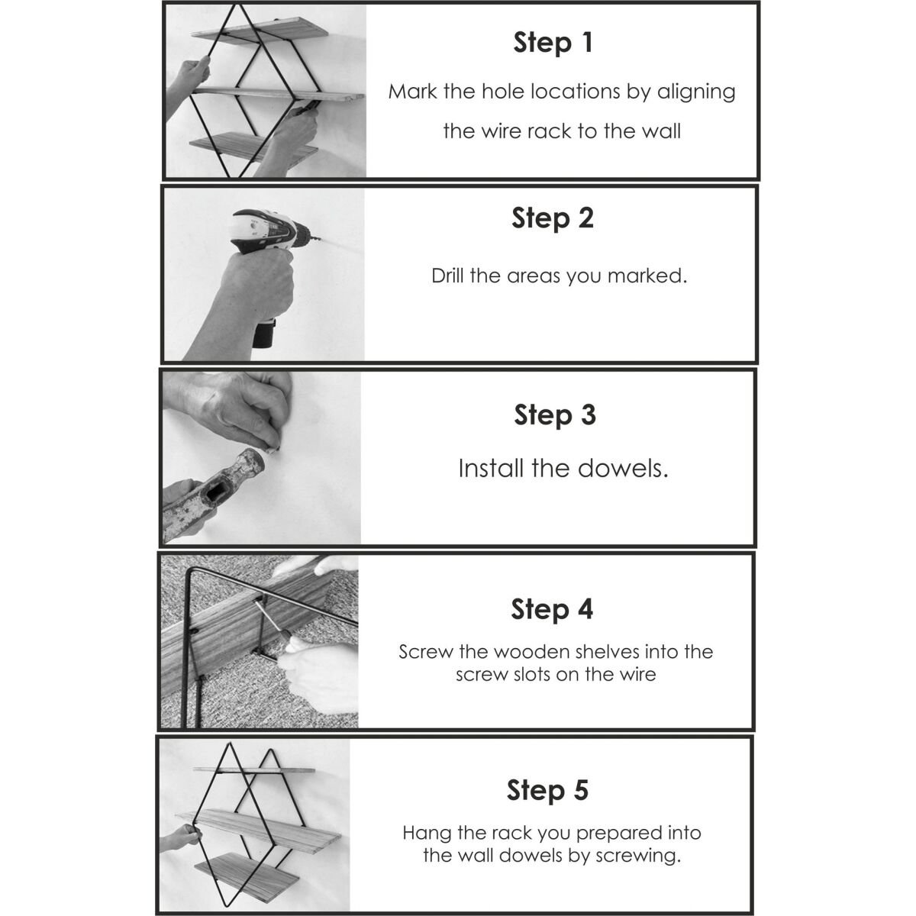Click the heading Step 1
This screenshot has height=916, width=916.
(553, 44)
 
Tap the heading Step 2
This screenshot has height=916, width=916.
(553, 218)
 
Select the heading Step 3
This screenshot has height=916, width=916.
(555, 415)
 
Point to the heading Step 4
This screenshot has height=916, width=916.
(552, 609)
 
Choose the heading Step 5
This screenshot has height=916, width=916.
(547, 790)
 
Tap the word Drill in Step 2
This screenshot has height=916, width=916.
(448, 276)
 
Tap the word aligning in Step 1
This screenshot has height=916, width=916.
(696, 92)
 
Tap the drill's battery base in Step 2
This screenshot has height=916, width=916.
(264, 334)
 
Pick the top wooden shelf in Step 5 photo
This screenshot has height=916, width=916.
(254, 769)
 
